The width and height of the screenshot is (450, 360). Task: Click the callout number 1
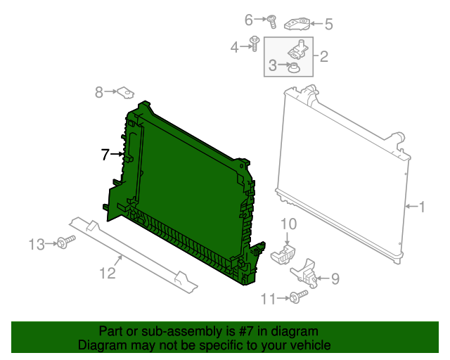pos(422,207)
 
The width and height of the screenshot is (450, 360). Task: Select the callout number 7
pos(105,154)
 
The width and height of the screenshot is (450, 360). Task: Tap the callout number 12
pos(107,274)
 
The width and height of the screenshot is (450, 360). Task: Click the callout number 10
pos(289,224)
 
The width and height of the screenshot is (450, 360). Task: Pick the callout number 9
pos(335,279)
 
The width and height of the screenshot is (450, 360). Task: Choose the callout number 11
pos(269,300)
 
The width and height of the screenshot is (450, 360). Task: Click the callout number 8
pos(99,91)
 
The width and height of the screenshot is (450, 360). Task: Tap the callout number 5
pos(328,25)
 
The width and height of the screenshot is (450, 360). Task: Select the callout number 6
pos(249,20)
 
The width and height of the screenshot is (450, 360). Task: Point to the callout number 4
pos(235,47)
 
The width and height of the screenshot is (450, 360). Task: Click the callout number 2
pos(323,56)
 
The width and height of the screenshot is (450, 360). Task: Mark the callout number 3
pos(273,67)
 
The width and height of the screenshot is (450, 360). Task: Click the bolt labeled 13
pos(65,243)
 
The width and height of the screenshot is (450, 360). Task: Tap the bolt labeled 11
pos(297,298)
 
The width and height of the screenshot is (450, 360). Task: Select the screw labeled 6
pos(271,20)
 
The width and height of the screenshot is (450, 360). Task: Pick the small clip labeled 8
pos(126,92)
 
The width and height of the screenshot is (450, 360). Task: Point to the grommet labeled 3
pos(295,67)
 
